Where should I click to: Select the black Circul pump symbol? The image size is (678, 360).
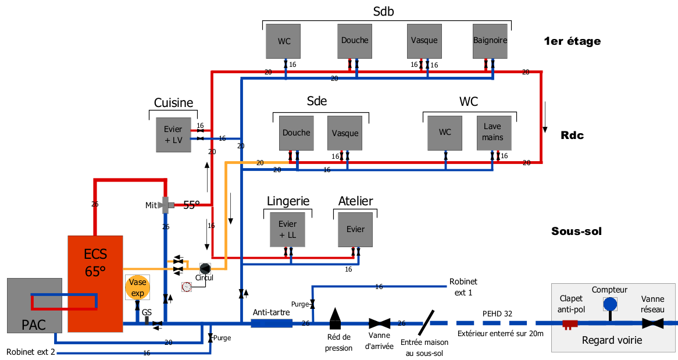click(205, 268)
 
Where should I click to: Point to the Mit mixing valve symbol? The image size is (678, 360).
click(165, 205)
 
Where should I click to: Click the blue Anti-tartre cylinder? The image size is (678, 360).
click(272, 323)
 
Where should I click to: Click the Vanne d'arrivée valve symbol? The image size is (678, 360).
click(380, 323)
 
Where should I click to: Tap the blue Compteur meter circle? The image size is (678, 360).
click(609, 304)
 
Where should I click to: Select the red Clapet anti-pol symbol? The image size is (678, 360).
click(569, 323)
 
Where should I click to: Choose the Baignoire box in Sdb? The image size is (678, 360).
click(490, 41)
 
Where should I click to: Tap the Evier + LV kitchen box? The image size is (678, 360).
click(173, 134)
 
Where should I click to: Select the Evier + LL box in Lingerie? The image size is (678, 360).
click(287, 229)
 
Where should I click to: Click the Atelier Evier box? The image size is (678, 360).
click(355, 229)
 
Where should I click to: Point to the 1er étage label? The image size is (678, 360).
click(572, 41)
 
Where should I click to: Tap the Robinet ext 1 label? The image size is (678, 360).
click(463, 287)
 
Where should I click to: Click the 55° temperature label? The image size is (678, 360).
click(191, 205)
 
